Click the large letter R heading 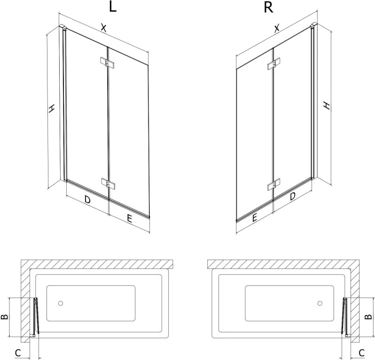pyautogui.click(x=268, y=7)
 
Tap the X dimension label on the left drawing pyautogui.click(x=103, y=28)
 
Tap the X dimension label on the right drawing pyautogui.click(x=276, y=28)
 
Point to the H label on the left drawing pyautogui.click(x=51, y=108)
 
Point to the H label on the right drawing pyautogui.click(x=327, y=105)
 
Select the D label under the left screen pyautogui.click(x=87, y=199)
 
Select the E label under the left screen pyautogui.click(x=129, y=219)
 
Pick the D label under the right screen pyautogui.click(x=292, y=196)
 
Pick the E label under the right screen pyautogui.click(x=254, y=218)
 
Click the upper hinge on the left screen pyautogui.click(x=107, y=62)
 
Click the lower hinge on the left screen pyautogui.click(x=108, y=183)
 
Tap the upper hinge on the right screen pyautogui.click(x=274, y=63)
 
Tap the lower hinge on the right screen pyautogui.click(x=274, y=184)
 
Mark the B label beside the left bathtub pyautogui.click(x=5, y=317)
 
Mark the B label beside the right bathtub pyautogui.click(x=368, y=317)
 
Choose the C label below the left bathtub pyautogui.click(x=18, y=353)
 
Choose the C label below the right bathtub pyautogui.click(x=362, y=353)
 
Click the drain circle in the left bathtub pyautogui.click(x=61, y=303)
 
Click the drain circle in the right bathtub pyautogui.click(x=320, y=303)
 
